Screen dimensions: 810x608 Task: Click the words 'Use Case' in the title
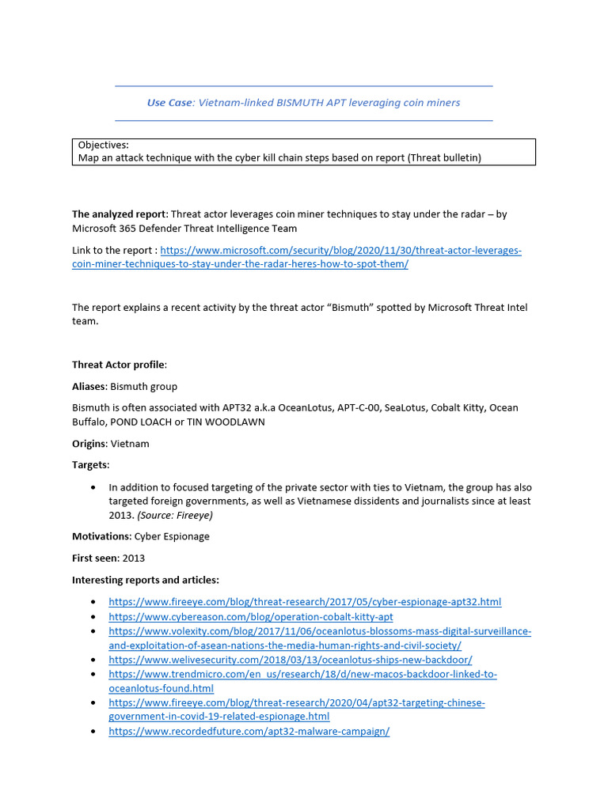pyautogui.click(x=169, y=103)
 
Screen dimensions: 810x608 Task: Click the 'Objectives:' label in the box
pyautogui.click(x=104, y=146)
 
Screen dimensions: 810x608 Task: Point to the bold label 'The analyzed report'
pyautogui.click(x=120, y=214)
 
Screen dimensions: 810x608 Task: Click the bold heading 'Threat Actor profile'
pyautogui.click(x=119, y=365)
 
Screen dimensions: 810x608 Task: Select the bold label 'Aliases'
pyautogui.click(x=89, y=386)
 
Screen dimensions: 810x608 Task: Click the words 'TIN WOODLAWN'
pyautogui.click(x=226, y=422)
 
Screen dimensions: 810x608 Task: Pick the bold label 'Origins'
pyautogui.click(x=89, y=444)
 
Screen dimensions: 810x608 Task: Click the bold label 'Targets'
pyautogui.click(x=90, y=465)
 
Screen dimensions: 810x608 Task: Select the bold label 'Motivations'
pyautogui.click(x=101, y=537)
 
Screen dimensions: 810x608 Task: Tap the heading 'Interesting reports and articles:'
pyautogui.click(x=146, y=581)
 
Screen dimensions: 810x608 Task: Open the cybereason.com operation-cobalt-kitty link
pyautogui.click(x=250, y=617)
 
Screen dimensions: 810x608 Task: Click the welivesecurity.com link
pyautogui.click(x=290, y=660)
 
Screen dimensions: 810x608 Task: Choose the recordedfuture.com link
pyautogui.click(x=249, y=732)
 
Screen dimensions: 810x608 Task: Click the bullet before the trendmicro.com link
pyautogui.click(x=95, y=675)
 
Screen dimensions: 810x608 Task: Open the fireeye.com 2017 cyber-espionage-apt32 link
pyautogui.click(x=304, y=603)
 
